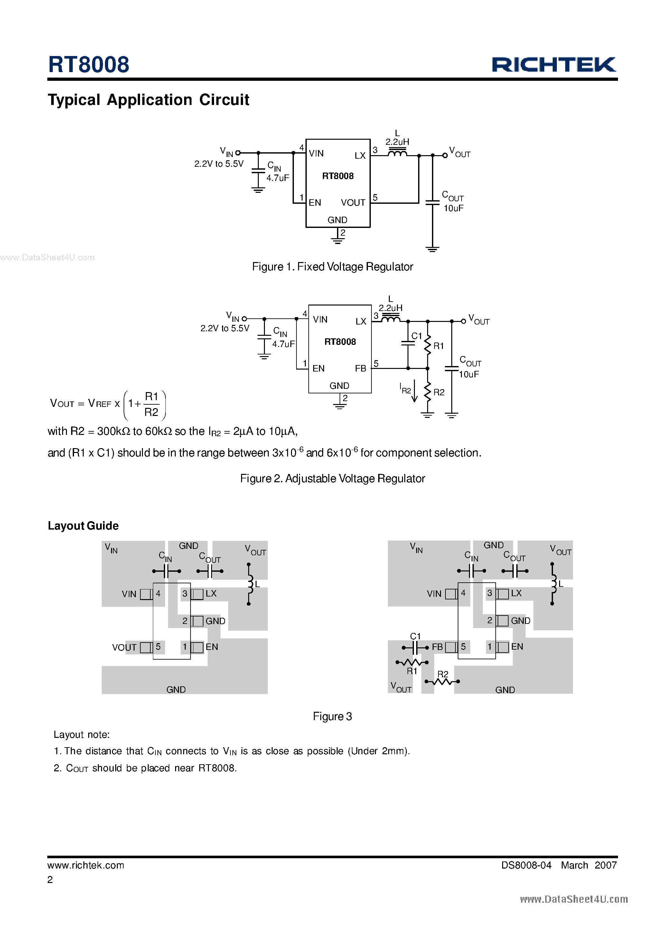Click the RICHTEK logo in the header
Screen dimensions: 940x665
tap(553, 65)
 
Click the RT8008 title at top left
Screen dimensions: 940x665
tap(89, 65)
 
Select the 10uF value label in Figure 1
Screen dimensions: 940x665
tap(453, 208)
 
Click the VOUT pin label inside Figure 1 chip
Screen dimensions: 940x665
tap(352, 203)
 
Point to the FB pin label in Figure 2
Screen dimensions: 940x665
tap(361, 369)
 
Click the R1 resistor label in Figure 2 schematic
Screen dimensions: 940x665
tap(438, 346)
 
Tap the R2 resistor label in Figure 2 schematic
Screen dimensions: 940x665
tap(438, 392)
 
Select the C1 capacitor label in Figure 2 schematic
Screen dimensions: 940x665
tap(417, 336)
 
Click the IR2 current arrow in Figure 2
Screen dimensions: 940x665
tap(414, 391)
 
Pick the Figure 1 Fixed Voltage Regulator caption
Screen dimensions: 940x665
tap(332, 267)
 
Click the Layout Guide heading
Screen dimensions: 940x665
tap(83, 526)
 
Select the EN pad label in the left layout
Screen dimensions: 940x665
tap(212, 647)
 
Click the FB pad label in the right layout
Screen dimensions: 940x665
tap(437, 647)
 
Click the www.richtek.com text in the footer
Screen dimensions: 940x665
tap(86, 865)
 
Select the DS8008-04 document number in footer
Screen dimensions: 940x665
tap(526, 865)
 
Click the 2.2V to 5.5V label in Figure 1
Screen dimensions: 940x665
tap(219, 164)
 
